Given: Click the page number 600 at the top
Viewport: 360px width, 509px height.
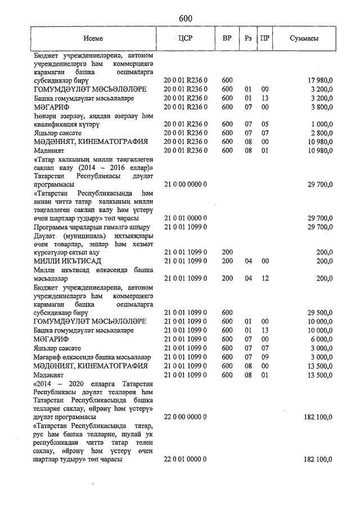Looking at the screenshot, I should coord(186,19).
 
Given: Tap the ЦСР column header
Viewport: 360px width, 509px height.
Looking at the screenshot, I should coord(186,39).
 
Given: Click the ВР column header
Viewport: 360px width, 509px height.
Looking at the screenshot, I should coord(227,39).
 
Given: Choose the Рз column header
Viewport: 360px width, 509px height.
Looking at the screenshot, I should coord(248,39).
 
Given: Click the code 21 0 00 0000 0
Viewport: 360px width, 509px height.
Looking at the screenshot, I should coord(186,184).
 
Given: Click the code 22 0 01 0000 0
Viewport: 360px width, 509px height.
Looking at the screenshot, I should coord(186,460).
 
